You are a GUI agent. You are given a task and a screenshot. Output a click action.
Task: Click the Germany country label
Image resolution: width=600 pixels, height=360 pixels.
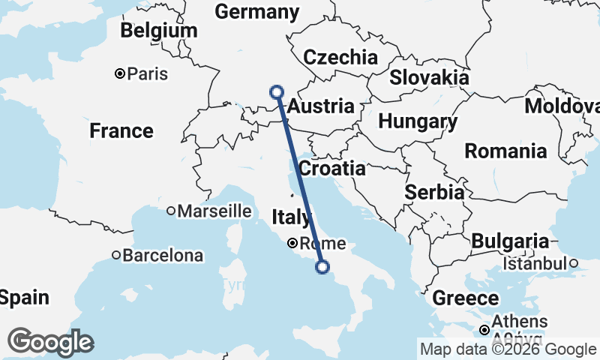tap(256, 12)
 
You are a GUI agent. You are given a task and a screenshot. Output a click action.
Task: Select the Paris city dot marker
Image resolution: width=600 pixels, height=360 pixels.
tap(119, 73)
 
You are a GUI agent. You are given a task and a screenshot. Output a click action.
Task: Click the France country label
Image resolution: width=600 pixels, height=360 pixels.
tap(121, 131)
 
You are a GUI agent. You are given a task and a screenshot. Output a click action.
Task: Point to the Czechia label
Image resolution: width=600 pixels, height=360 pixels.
tap(340, 57)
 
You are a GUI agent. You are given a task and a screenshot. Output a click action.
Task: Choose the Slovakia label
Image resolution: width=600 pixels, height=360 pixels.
tap(430, 77)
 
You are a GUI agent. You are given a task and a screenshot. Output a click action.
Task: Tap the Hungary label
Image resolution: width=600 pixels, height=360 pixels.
tap(418, 121)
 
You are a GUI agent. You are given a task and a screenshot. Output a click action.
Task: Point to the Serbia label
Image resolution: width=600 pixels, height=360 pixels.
tap(434, 192)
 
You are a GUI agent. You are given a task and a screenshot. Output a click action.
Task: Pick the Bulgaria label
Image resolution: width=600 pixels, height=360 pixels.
tap(511, 241)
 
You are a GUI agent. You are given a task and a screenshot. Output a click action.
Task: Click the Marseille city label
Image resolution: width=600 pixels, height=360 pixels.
tap(214, 211)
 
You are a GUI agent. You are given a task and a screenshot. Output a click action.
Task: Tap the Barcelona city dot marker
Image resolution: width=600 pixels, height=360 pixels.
tap(116, 255)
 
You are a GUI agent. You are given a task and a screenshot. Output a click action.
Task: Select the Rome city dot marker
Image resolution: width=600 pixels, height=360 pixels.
tap(292, 243)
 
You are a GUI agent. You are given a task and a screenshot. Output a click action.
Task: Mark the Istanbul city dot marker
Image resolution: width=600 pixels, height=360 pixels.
tap(573, 263)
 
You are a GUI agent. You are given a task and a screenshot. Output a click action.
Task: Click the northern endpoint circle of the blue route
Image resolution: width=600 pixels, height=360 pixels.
tap(277, 92)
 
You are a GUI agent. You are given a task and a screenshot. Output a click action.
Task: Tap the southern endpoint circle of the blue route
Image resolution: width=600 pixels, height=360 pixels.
tap(322, 266)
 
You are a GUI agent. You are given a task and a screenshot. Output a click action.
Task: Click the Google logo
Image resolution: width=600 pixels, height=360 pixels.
tap(50, 342)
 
